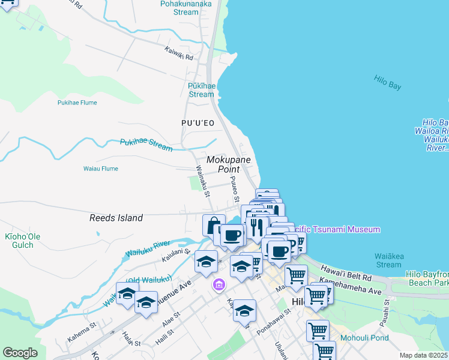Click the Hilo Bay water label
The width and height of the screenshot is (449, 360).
coord(387,83)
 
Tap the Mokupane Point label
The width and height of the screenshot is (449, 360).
coord(231,165)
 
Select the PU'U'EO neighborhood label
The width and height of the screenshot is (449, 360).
coord(197,123)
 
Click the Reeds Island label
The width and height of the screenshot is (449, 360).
coord(116,218)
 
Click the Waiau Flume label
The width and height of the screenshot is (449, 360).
coord(100,169)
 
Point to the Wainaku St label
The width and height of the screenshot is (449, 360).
coord(202,182)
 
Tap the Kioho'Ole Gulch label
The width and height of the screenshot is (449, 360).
coord(23,241)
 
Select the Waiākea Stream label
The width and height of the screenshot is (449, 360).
coord(388,260)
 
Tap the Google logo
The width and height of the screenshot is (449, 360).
coord(20,353)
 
